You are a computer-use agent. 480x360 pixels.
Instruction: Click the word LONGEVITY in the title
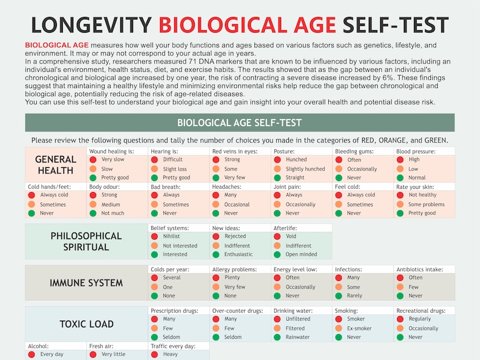pos(91,25)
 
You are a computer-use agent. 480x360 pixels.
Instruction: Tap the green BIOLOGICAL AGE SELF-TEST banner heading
pos(239,123)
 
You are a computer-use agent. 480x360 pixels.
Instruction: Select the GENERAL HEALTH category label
pos(56,165)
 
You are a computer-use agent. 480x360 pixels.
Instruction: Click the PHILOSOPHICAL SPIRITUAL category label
pos(86,241)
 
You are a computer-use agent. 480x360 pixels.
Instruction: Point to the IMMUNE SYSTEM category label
pos(86,283)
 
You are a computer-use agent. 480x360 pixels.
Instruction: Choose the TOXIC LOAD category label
pos(86,324)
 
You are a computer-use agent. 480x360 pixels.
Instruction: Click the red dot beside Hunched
pos(277,160)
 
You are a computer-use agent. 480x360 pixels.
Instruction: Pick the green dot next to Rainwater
pos(277,338)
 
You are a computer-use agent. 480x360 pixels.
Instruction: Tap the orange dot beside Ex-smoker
pos(339,329)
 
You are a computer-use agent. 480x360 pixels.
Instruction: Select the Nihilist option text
pos(172,237)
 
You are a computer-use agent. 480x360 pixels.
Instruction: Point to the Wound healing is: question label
pos(111,152)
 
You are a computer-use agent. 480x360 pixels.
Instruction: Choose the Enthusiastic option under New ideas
pos(238,254)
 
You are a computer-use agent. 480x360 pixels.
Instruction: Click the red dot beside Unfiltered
pos(277,320)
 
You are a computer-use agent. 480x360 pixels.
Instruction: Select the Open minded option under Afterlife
pos(302,254)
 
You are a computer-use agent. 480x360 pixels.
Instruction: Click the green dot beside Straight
pos(277,178)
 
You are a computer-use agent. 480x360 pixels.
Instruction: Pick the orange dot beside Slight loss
pos(154,170)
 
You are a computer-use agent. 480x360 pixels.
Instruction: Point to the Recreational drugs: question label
pos(421,310)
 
